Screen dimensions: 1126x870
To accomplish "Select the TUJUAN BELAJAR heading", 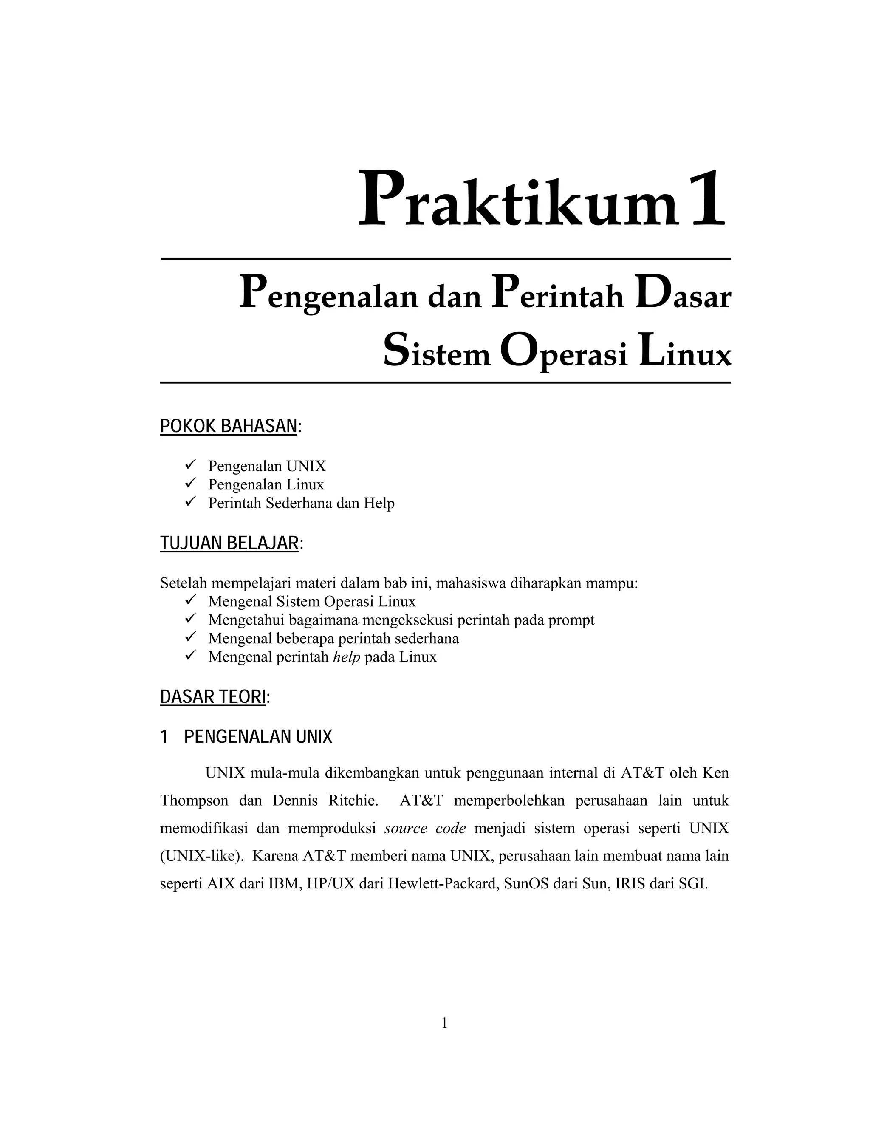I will tap(230, 543).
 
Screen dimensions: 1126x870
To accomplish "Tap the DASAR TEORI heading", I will tap(213, 696).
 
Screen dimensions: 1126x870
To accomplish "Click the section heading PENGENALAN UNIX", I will tap(258, 737).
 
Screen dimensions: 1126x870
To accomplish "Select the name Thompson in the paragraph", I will tap(194, 801).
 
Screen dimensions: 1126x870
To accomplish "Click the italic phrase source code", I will tap(425, 829).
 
